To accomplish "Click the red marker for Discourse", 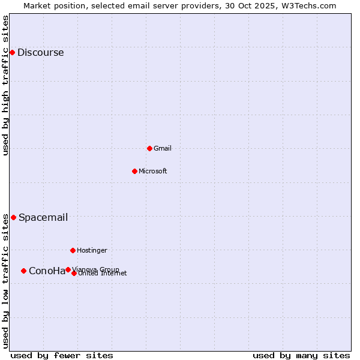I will (x=12, y=53).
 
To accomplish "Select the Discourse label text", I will (x=40, y=53).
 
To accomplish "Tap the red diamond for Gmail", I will (x=149, y=148).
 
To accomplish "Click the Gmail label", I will (x=163, y=148).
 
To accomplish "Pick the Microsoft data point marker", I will (x=134, y=171).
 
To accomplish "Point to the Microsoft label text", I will (x=153, y=171).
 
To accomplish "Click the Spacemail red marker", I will (x=13, y=217).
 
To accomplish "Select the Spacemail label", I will (x=43, y=217).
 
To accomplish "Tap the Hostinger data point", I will (x=73, y=250).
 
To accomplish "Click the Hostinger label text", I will (x=92, y=250).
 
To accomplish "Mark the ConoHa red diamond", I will (x=23, y=271).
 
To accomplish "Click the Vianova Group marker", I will (x=68, y=269).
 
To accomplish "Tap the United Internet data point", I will (x=74, y=273).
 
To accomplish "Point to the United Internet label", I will (x=103, y=274).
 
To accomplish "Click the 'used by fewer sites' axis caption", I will (x=62, y=355).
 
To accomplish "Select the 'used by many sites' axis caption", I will (x=301, y=355).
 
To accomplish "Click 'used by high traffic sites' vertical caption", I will (x=6, y=85).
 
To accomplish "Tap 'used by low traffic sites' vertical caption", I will (x=6, y=281).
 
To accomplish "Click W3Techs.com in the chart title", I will (x=307, y=5).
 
